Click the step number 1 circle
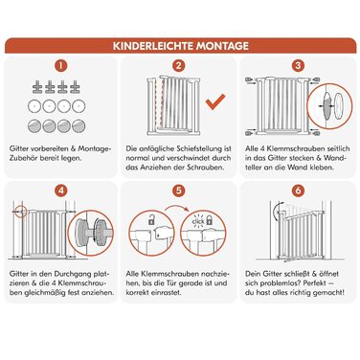coord(61,66)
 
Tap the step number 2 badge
coord(179,66)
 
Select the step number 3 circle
coord(298,66)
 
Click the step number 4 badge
coord(61,191)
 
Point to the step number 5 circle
coord(179,191)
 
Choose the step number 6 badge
coord(298,191)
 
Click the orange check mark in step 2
coord(215,101)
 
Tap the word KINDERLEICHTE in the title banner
coord(153,46)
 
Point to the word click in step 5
coord(198,221)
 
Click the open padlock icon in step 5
coord(151,219)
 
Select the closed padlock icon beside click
coord(209,220)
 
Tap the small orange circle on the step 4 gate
coord(21,212)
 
